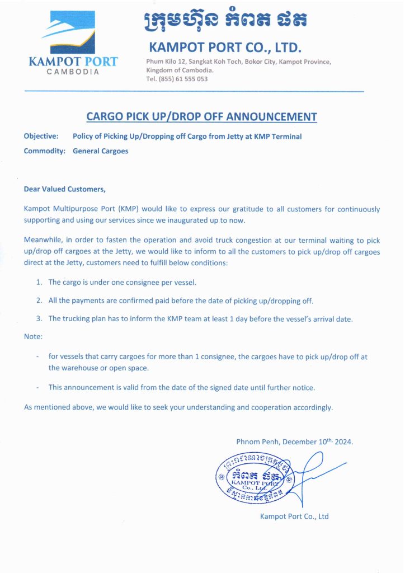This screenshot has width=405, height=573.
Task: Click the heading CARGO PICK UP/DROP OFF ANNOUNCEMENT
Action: click(201, 117)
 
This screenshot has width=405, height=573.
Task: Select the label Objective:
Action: click(41, 136)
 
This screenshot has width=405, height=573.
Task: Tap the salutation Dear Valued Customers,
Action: click(64, 189)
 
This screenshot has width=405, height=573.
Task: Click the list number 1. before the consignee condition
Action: click(40, 283)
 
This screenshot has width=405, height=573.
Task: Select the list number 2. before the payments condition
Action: click(40, 300)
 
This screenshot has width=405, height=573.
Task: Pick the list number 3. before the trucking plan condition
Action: click(40, 318)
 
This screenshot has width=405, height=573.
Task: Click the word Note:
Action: click(33, 337)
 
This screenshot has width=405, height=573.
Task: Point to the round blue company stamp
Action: click(253, 477)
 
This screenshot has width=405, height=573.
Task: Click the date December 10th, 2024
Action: click(318, 442)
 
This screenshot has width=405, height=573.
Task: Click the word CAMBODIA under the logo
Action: click(73, 73)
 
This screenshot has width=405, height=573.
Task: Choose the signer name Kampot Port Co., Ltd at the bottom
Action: click(294, 516)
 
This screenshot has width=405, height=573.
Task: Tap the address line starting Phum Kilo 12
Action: click(238, 62)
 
